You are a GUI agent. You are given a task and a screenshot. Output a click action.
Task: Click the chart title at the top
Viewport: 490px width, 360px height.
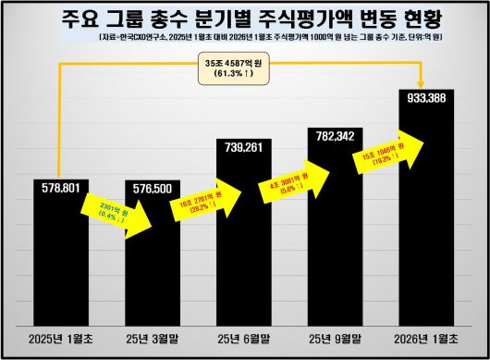(x=245, y=19)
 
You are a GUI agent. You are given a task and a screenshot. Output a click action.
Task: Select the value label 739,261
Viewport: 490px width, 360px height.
(x=245, y=147)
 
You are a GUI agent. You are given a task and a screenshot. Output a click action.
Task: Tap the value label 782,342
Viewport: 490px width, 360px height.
(x=336, y=136)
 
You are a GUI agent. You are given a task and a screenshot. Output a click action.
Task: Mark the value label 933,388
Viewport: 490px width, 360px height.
(x=426, y=97)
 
